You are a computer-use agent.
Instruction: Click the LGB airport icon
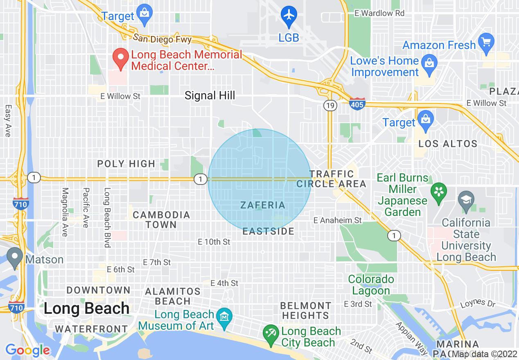point(289,15)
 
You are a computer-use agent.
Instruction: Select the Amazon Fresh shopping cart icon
point(486,43)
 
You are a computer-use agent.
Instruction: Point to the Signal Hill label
point(210,96)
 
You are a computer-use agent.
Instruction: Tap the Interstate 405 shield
point(357,104)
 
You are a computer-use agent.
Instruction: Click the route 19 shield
point(330,106)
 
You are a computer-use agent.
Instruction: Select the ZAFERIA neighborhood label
point(262,205)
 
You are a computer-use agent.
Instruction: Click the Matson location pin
point(15,258)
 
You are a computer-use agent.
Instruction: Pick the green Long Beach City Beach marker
point(271,335)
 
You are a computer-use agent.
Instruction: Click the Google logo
point(27,350)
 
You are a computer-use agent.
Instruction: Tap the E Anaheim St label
point(338,220)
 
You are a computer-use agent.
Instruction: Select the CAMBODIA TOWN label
point(161,220)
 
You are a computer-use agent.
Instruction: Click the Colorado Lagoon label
point(371,285)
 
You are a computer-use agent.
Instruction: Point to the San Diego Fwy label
point(162,38)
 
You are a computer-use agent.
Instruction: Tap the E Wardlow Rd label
point(379,13)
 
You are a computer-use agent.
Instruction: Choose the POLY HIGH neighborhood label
point(126,164)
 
